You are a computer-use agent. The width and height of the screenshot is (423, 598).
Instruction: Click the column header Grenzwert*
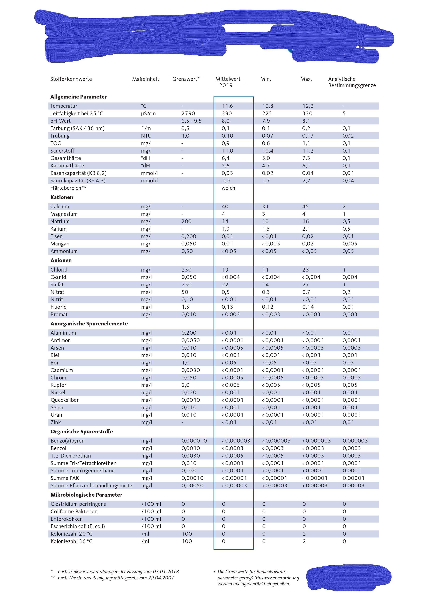[x=186, y=79]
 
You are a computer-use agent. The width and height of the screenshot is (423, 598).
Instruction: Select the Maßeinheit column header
[x=145, y=79]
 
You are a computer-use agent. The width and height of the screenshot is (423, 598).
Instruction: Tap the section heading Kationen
[x=62, y=197]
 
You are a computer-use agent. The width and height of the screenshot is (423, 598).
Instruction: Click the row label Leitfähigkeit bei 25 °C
[x=77, y=113]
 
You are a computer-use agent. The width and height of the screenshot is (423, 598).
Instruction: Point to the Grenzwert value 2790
[x=188, y=113]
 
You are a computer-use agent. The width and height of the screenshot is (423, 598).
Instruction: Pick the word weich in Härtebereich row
[x=228, y=188]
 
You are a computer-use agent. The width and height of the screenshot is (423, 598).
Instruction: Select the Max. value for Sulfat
[x=306, y=284]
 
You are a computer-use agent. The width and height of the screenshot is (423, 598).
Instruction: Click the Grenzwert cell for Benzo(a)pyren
[x=194, y=441]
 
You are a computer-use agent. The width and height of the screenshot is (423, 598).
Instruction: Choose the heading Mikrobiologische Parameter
[x=86, y=495]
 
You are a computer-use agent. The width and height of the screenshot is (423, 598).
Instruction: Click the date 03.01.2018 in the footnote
[x=166, y=572]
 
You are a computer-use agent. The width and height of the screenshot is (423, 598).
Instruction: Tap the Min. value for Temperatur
[x=268, y=106]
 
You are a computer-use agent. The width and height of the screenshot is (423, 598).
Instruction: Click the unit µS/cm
[x=148, y=113]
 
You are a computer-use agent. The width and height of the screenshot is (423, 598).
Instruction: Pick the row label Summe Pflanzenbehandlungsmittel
[x=92, y=485]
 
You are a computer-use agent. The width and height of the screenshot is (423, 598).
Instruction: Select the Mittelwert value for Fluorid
[x=227, y=307]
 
